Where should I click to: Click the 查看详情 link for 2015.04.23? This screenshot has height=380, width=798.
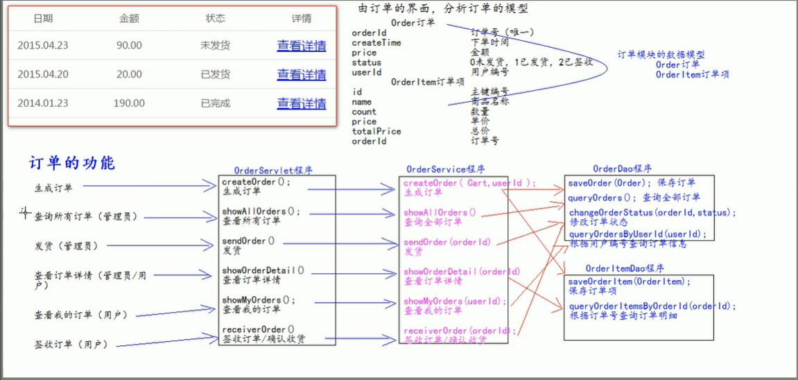tap(302, 46)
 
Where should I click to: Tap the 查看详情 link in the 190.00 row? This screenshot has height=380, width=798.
tap(302, 103)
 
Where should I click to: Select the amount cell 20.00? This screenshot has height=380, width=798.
tap(129, 74)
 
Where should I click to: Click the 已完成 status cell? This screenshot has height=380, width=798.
tap(215, 103)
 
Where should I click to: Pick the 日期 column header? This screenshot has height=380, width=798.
tap(43, 19)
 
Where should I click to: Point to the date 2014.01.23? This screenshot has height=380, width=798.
tap(43, 103)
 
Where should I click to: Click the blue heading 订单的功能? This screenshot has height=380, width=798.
tap(72, 164)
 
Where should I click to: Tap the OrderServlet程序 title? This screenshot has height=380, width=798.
tap(272, 170)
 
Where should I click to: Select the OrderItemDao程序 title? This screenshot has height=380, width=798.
tap(625, 268)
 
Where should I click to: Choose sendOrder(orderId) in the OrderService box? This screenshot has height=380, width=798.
tap(447, 242)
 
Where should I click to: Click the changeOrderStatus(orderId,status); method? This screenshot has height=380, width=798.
tap(652, 213)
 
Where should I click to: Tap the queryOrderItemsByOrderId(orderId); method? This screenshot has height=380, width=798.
tap(652, 306)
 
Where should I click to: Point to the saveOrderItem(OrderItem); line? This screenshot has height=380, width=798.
tap(630, 282)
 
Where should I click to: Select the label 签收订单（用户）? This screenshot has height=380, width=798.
tap(71, 344)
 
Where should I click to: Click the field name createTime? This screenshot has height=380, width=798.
tap(376, 43)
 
